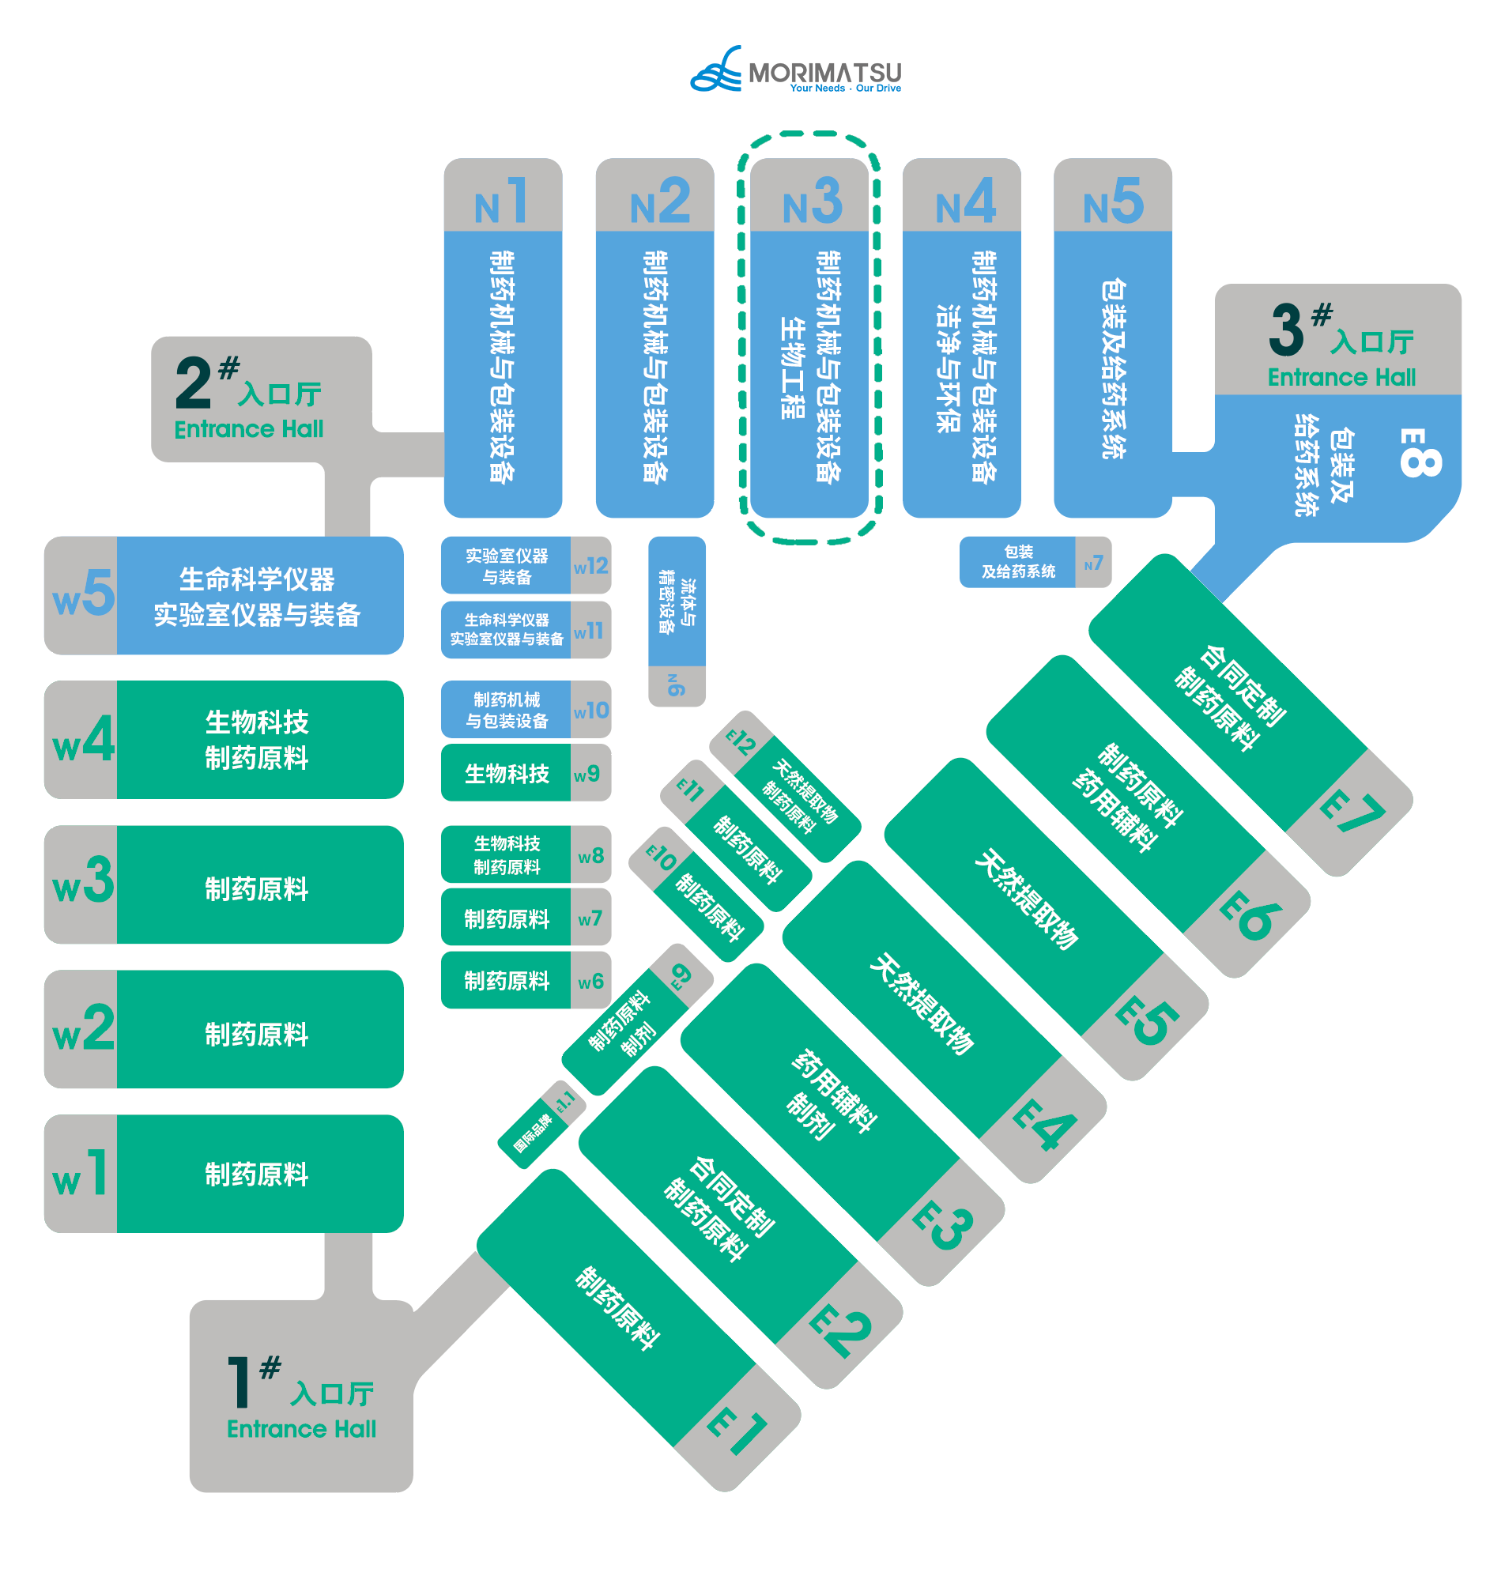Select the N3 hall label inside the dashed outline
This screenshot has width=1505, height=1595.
click(811, 202)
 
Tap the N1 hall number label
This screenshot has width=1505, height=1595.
click(502, 202)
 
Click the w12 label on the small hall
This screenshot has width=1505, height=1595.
click(590, 567)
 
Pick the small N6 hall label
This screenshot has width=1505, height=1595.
click(677, 684)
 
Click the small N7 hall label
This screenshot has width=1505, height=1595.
click(1092, 564)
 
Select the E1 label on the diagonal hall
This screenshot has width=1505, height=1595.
click(737, 1431)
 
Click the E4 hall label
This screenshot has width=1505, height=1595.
click(1043, 1123)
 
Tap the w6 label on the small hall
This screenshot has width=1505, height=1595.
click(590, 981)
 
